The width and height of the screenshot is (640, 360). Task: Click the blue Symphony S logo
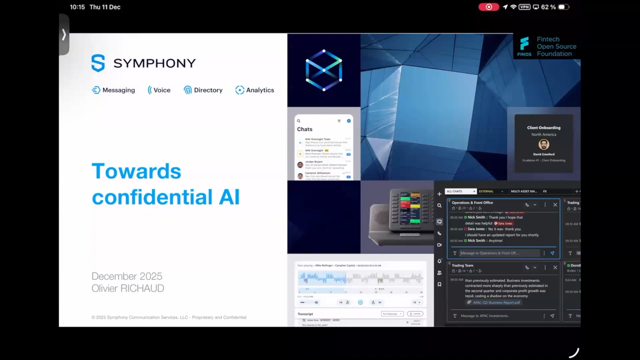[x=98, y=63]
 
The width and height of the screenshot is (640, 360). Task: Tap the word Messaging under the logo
[x=118, y=90]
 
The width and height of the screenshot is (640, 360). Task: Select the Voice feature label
[x=162, y=90]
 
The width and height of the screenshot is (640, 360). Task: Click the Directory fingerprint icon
[x=187, y=90]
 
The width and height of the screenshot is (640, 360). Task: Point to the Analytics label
[x=260, y=90]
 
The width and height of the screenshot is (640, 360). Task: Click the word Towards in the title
[x=136, y=171]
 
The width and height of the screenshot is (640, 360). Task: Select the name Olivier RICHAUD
[x=127, y=288]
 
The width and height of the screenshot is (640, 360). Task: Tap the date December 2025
[x=127, y=276]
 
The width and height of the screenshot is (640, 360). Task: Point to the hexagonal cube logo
[x=324, y=70]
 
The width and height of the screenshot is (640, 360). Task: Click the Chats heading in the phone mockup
[x=304, y=129]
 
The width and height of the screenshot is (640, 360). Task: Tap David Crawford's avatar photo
[x=543, y=144]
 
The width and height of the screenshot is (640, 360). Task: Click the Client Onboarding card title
[x=543, y=127]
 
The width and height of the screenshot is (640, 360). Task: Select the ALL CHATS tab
[x=454, y=191]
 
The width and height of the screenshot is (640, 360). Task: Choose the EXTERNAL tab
[x=486, y=191]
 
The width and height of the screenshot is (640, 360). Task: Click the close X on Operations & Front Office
[x=555, y=204]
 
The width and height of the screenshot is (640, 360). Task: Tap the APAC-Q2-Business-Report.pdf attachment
[x=496, y=302]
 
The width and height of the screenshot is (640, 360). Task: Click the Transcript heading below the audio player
[x=305, y=314]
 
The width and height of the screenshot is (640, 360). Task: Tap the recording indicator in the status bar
[x=488, y=7]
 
